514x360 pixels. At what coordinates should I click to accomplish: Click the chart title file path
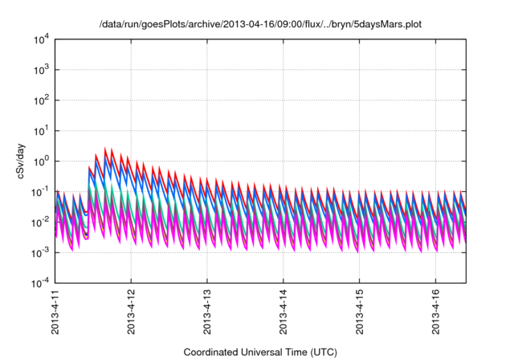tap(259, 24)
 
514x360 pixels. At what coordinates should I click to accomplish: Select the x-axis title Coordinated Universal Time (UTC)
tap(260, 352)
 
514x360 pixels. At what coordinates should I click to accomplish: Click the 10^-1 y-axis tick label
tap(42, 192)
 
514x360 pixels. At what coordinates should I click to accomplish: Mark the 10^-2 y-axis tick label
tap(42, 222)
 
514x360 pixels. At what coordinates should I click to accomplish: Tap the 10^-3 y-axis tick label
tap(42, 252)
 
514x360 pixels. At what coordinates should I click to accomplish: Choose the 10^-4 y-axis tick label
tap(42, 283)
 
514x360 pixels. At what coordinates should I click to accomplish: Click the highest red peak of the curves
tap(105, 149)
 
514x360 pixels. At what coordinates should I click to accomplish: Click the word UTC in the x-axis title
tap(322, 352)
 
